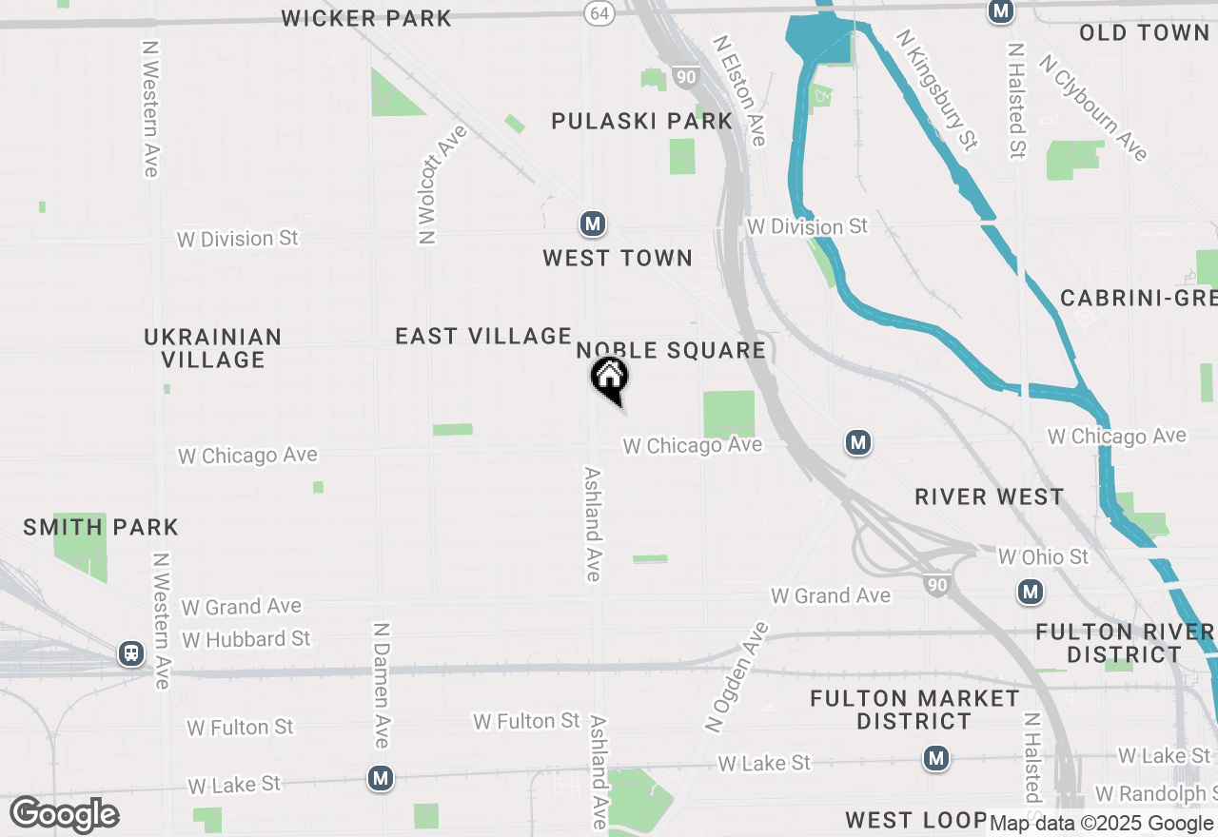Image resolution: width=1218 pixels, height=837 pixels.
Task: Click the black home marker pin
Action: (x=610, y=377)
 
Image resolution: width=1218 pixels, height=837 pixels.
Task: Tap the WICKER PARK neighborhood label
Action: (x=366, y=17)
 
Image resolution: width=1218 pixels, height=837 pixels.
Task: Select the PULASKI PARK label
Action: (x=642, y=121)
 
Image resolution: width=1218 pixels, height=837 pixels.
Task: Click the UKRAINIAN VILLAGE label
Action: (x=213, y=348)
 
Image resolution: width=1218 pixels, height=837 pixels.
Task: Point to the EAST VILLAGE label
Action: (x=483, y=336)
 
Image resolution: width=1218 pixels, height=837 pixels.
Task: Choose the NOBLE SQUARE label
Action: (x=671, y=350)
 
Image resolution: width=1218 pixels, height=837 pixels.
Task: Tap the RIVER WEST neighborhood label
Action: (x=989, y=496)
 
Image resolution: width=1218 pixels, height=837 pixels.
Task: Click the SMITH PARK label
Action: (x=101, y=527)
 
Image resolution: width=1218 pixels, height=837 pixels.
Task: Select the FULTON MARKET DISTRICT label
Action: (x=914, y=710)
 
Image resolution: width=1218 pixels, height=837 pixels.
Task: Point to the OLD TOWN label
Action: (x=1144, y=32)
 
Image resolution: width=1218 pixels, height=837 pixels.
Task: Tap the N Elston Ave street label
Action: (x=740, y=91)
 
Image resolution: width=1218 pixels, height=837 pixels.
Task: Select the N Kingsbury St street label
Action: (x=936, y=88)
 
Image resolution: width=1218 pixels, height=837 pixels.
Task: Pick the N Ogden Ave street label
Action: (x=737, y=676)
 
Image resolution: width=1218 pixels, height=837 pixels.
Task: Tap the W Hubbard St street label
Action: (x=246, y=638)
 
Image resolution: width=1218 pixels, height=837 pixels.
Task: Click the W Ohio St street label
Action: (x=1043, y=556)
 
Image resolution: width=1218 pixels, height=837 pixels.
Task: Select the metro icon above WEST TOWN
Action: (x=593, y=224)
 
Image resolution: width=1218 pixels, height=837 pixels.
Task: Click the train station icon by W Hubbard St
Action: (x=131, y=653)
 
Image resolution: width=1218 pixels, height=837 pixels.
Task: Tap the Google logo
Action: (x=64, y=814)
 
